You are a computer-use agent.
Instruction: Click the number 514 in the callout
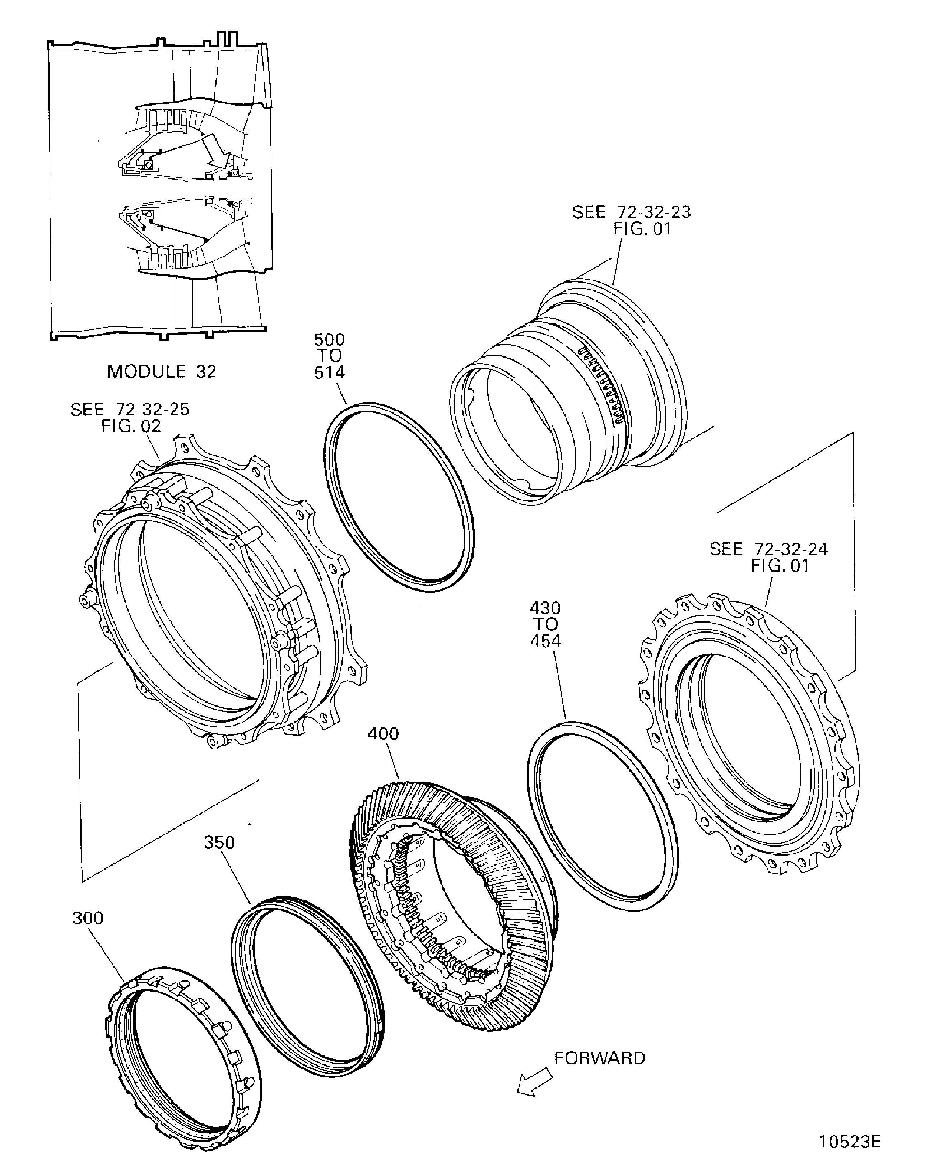point(329,373)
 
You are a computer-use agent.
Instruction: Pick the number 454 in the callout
point(545,642)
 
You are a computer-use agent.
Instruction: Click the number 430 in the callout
point(545,608)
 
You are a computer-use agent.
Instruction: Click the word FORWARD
point(600,1058)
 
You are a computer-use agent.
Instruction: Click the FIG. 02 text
point(131,426)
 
